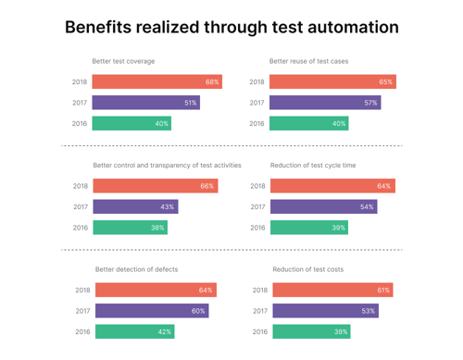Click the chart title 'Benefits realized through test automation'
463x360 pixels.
tap(231, 27)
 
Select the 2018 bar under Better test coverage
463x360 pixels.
tap(156, 81)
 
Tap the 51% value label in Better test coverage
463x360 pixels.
tap(190, 103)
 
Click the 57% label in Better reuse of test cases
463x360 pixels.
tap(370, 103)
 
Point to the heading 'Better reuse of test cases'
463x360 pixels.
tap(308, 61)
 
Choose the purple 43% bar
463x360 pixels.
tap(134, 206)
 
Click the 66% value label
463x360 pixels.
tap(207, 186)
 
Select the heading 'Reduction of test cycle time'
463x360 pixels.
tap(313, 165)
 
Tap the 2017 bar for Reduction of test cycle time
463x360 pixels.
tap(323, 206)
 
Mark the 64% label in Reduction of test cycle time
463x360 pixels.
tap(384, 186)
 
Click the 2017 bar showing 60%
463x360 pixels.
tap(151, 311)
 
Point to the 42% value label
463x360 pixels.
tap(164, 331)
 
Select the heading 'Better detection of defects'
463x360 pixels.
tap(136, 269)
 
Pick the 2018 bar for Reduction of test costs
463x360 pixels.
tap(332, 290)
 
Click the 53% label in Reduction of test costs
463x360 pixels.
tap(368, 311)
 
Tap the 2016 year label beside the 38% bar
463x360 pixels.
tap(81, 228)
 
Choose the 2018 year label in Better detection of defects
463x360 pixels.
tap(82, 290)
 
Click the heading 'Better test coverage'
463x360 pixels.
tap(123, 61)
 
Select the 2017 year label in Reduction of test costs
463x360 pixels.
tap(259, 311)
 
